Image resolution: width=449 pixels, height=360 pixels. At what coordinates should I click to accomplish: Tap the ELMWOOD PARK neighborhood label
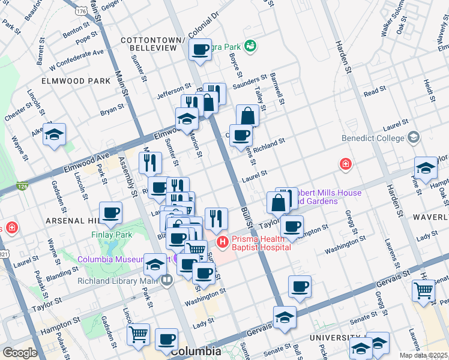(x=76, y=80)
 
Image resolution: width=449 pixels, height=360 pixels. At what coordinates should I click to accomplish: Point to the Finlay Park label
(x=111, y=235)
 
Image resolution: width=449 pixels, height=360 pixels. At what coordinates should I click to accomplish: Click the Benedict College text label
(x=373, y=138)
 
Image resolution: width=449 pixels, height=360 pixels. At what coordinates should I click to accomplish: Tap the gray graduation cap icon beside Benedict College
(x=413, y=138)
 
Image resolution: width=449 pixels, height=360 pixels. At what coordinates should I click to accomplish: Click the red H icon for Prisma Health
(x=223, y=242)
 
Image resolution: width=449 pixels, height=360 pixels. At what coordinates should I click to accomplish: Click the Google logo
(x=20, y=353)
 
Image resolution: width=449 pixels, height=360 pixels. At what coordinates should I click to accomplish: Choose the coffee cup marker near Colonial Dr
(x=200, y=50)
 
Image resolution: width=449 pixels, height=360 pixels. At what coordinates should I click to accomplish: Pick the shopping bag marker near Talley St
(x=247, y=115)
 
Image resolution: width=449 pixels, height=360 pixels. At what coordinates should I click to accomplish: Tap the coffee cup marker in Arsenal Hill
(x=111, y=212)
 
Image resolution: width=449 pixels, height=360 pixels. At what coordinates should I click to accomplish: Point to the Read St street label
(x=375, y=91)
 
